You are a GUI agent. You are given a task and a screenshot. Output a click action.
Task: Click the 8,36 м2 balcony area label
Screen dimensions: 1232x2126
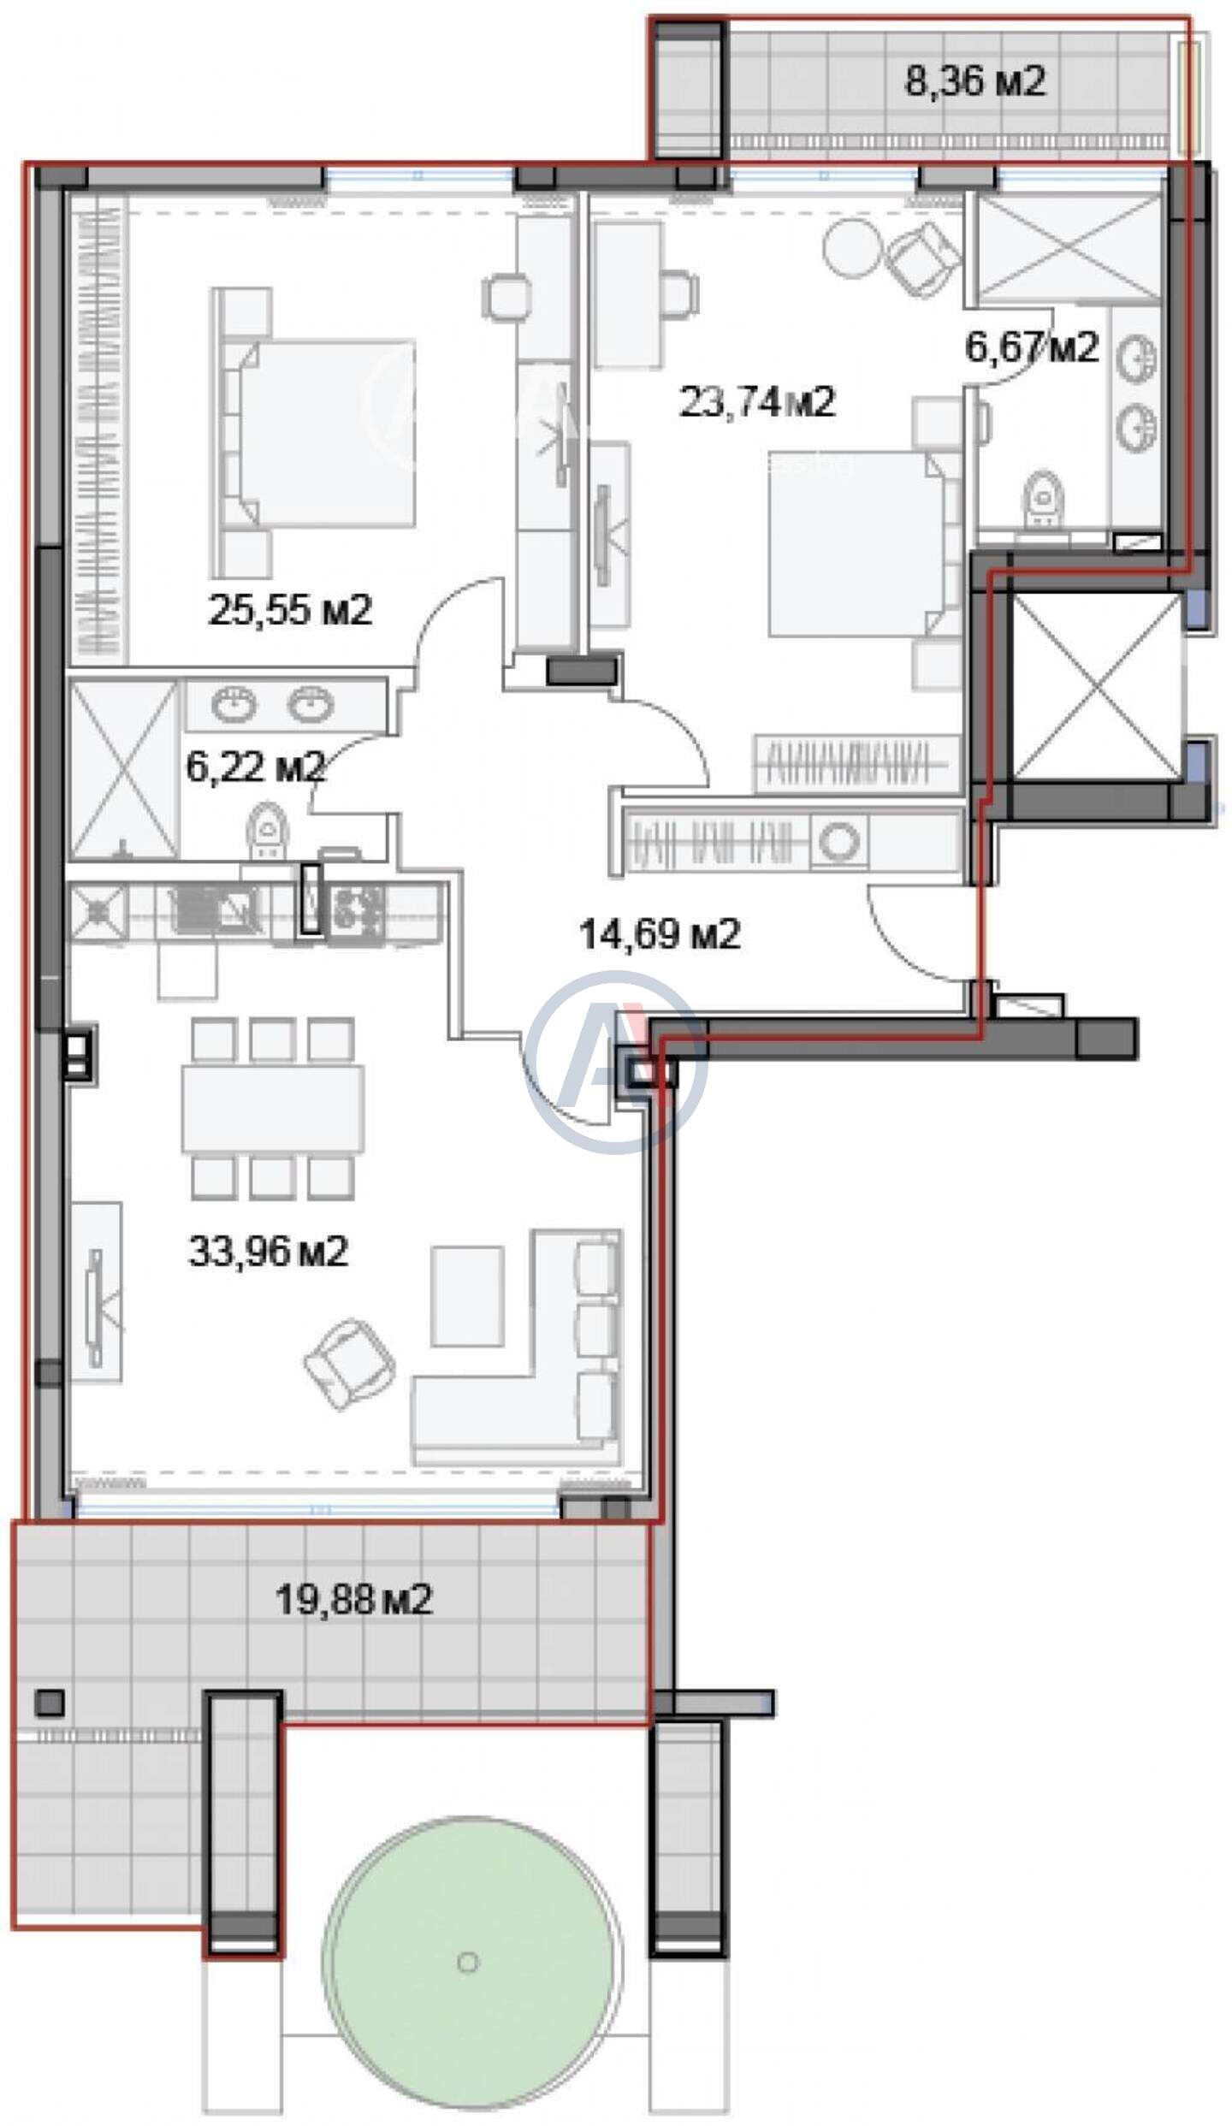(x=975, y=83)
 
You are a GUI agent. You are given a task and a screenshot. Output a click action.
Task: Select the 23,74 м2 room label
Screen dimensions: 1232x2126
(x=756, y=401)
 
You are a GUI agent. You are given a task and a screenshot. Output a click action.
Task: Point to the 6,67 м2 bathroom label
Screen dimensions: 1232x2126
(x=1031, y=347)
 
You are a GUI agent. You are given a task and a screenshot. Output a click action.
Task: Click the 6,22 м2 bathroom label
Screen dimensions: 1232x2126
(x=256, y=766)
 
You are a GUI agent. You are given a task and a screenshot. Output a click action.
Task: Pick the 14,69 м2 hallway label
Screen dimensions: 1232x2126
(x=660, y=934)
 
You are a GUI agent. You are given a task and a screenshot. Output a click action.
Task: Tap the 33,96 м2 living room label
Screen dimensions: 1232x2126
(x=268, y=1252)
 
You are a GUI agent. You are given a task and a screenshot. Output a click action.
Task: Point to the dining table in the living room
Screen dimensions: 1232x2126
(x=272, y=1108)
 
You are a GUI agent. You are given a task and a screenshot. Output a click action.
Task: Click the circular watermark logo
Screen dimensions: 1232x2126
(x=616, y=1061)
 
